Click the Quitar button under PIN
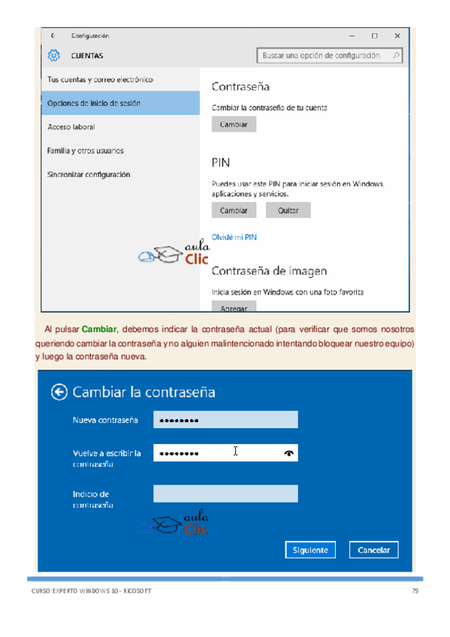(288, 210)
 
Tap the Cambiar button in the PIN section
(234, 210)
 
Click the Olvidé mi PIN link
(234, 237)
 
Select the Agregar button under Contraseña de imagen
(234, 307)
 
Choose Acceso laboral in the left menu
(71, 127)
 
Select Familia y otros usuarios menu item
(86, 150)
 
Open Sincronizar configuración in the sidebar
(89, 174)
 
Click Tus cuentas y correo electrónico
(100, 79)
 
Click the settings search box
(329, 56)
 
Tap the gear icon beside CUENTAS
(53, 55)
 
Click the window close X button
(397, 35)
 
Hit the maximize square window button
(374, 35)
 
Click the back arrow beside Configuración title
(52, 35)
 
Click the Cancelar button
(373, 550)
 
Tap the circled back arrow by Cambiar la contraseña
(59, 391)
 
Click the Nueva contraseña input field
(225, 420)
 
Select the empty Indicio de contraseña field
(225, 494)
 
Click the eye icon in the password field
(289, 453)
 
